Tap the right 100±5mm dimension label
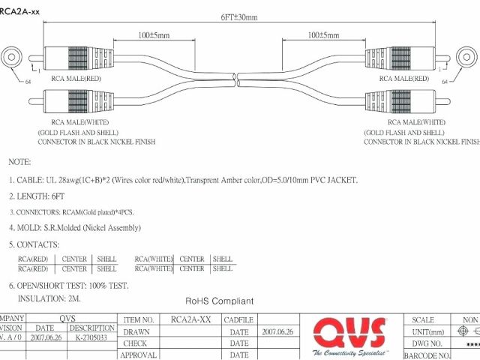tap(323, 35)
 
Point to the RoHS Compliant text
tap(220, 301)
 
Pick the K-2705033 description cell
tap(91, 338)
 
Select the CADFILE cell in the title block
tap(239, 319)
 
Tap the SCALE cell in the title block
tap(423, 319)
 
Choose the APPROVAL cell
tap(139, 355)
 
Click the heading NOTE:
tap(19, 162)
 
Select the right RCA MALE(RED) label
tap(403, 78)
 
